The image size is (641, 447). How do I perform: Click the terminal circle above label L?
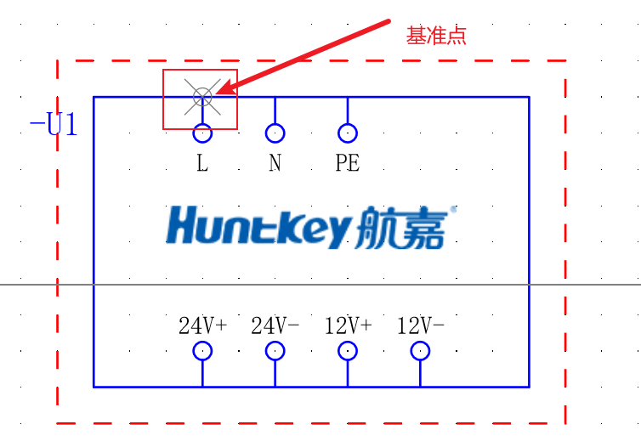tap(202, 133)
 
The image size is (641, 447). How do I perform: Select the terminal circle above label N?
tap(275, 133)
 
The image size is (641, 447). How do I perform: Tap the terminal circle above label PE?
tap(348, 133)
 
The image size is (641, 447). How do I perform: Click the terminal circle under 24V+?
tap(202, 351)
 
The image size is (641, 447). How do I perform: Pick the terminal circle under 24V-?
tap(275, 351)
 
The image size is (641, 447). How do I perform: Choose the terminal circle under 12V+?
tap(348, 351)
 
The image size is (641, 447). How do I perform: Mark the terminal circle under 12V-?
tap(420, 351)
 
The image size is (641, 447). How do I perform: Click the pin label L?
tap(202, 163)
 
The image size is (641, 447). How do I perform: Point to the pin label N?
tap(275, 163)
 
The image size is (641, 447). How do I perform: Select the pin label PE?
tap(348, 163)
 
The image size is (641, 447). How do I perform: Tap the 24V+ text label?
tap(202, 325)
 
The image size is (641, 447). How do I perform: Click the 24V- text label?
tap(275, 325)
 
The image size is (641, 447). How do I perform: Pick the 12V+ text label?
tap(348, 325)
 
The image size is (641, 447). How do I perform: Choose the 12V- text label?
tap(420, 325)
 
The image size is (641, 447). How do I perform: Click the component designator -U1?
tap(54, 126)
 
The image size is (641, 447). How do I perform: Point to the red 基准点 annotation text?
tap(436, 36)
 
